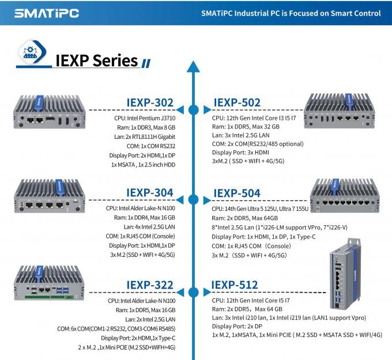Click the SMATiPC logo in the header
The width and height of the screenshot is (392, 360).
47,13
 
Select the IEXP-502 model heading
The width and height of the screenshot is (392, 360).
237,103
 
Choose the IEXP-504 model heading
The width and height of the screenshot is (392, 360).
237,193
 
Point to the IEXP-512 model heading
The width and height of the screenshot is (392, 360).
235,285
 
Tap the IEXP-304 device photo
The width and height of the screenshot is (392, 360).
50,196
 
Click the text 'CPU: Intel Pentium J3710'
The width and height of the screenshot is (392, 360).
145,118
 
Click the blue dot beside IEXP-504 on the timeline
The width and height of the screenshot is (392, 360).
194,200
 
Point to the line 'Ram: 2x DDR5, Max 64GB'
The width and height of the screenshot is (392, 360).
245,218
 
